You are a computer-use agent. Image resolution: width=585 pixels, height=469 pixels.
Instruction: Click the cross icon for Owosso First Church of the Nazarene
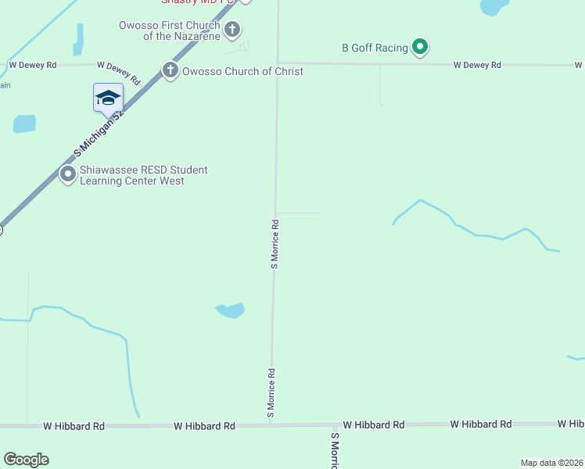(x=231, y=30)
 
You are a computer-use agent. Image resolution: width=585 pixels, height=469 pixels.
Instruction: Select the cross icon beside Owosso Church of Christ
(x=170, y=71)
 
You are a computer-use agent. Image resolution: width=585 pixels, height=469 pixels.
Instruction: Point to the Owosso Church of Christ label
(x=242, y=71)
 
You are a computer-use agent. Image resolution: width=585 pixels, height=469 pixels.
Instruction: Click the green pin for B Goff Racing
(x=420, y=48)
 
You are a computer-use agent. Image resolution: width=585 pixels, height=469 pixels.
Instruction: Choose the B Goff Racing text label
(x=375, y=48)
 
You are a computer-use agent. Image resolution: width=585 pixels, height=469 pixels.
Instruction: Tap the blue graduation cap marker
(x=108, y=98)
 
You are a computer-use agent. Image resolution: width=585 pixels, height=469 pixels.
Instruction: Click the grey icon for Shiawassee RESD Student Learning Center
(x=68, y=175)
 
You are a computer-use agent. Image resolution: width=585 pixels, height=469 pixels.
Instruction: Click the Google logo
(x=26, y=460)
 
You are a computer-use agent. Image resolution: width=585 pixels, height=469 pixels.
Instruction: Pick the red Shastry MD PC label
(x=199, y=2)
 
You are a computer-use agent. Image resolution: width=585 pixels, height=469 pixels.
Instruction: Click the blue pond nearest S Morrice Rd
(x=231, y=310)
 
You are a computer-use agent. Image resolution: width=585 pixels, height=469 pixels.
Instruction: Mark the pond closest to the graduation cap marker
(x=24, y=124)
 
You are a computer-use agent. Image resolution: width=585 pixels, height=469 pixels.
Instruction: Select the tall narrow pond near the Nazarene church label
(x=78, y=39)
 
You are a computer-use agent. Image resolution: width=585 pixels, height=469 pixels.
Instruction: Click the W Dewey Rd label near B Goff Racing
(x=477, y=66)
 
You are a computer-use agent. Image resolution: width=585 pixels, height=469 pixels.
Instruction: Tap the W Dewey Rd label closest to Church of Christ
(x=118, y=72)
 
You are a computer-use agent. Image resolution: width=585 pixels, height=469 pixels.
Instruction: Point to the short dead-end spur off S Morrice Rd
(x=299, y=213)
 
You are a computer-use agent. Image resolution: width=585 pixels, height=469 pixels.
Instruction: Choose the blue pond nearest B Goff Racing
(x=493, y=7)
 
